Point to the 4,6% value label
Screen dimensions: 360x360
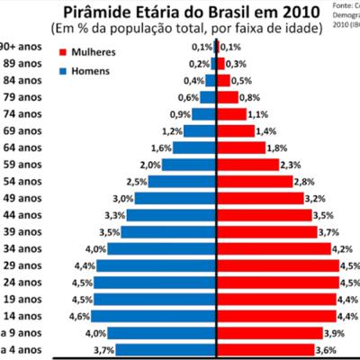[79, 316]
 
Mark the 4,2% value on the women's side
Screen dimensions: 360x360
[341, 249]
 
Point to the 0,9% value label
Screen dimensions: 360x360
[180, 114]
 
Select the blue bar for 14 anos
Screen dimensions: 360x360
[154, 316]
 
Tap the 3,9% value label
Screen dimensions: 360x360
[333, 333]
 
